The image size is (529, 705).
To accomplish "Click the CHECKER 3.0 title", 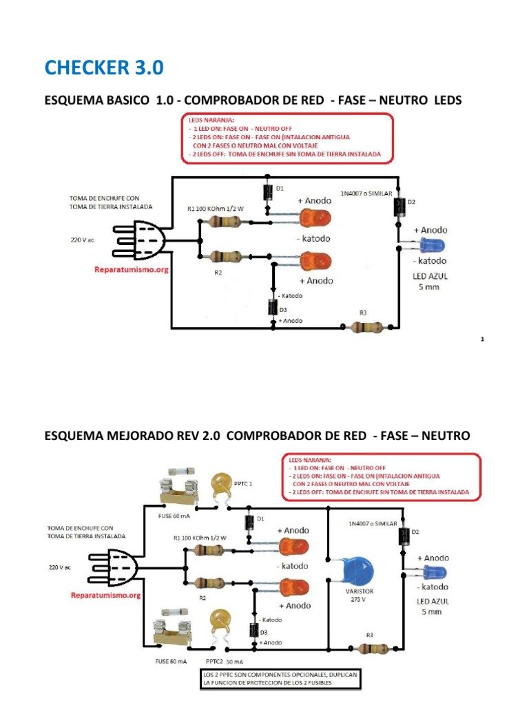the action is coord(104,67).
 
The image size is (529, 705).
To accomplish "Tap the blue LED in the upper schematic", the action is coord(432,246).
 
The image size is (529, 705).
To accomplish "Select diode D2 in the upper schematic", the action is coord(399,207).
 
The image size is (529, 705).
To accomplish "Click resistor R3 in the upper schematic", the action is coord(367,327).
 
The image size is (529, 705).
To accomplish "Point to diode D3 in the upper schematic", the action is coord(273,307).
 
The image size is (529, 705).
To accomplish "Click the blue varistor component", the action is coord(357,571).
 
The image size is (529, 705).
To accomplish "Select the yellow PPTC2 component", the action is coord(220,623).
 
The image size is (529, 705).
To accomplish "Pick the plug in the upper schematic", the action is coord(139,241).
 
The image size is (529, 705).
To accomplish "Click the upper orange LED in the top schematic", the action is coord(315,219).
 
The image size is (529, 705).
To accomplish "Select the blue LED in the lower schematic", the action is coord(434,573).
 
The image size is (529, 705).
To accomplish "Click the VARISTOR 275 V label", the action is coord(359,596).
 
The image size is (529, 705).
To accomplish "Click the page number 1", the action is coord(482,339).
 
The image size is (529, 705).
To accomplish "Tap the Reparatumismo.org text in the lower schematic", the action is coord(105,596).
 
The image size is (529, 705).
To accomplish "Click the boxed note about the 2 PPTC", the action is coord(280,679).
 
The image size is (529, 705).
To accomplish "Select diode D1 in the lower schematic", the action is coord(249,523).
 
